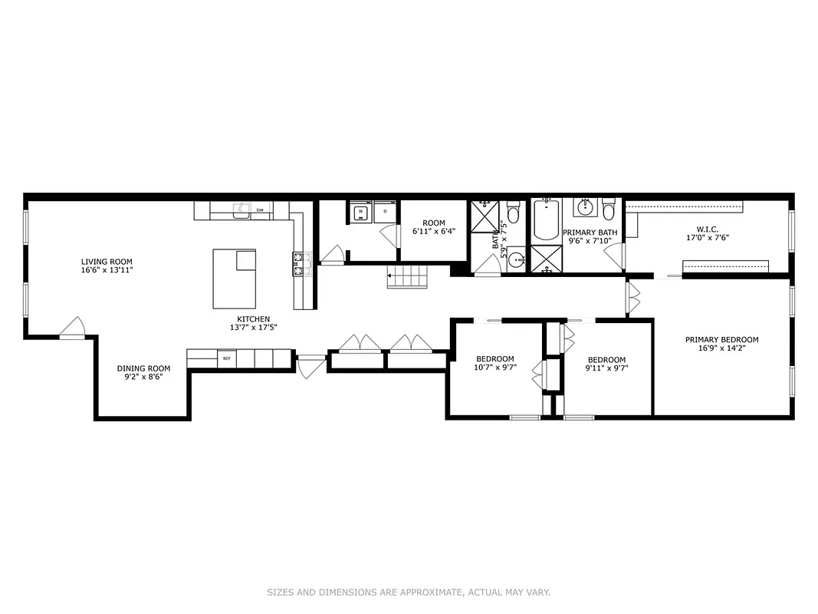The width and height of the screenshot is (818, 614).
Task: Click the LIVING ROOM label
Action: (107, 262)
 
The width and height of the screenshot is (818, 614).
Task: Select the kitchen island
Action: (234, 278)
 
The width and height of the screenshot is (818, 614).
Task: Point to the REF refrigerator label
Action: (227, 358)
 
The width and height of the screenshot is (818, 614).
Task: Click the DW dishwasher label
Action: (260, 210)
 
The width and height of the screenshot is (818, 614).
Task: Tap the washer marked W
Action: (360, 212)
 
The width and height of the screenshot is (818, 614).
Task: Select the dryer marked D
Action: (385, 212)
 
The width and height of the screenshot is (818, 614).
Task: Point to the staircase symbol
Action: (403, 275)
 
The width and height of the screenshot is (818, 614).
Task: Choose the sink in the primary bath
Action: (586, 207)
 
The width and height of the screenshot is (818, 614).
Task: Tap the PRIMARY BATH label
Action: (590, 232)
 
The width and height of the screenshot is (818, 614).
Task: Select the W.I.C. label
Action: (707, 228)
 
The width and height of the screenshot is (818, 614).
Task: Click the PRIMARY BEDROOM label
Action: (721, 340)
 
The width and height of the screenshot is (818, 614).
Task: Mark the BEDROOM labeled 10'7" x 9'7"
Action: (495, 359)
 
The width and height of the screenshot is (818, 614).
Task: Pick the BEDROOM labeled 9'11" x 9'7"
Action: (606, 360)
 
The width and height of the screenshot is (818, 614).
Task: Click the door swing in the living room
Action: (74, 328)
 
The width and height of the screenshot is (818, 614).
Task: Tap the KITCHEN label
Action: (253, 319)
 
